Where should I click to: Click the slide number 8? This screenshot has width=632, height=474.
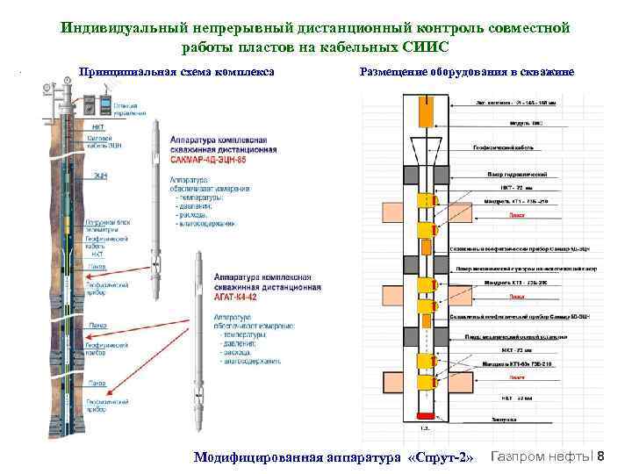pyautogui.click(x=611, y=456)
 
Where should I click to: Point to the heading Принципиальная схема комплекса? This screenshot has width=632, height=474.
pyautogui.click(x=176, y=72)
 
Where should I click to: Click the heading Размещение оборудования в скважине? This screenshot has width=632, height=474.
pyautogui.click(x=467, y=72)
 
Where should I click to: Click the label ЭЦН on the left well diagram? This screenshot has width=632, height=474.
pyautogui.click(x=100, y=176)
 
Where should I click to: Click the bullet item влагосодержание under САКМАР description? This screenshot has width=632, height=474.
pyautogui.click(x=205, y=224)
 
